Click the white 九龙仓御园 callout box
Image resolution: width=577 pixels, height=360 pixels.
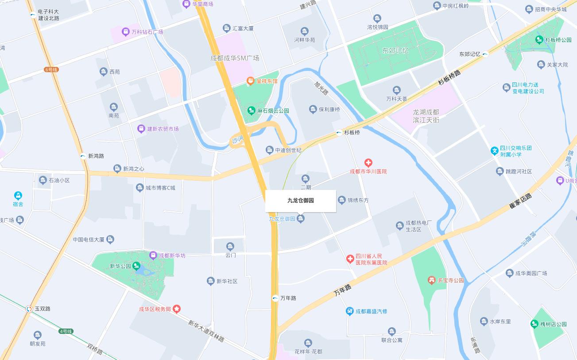[x=300, y=201]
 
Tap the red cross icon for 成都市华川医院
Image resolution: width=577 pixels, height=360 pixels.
[x=368, y=163]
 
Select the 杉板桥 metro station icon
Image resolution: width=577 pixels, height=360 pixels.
[x=339, y=132]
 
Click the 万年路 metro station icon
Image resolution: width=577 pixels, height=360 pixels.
[x=275, y=298]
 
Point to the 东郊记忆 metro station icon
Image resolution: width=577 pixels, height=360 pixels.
[x=485, y=54]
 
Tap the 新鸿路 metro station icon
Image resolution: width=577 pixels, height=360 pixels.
[x=83, y=156]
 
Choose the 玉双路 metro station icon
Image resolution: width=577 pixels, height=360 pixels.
[x=29, y=309]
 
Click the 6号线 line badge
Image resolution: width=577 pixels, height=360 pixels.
[x=51, y=70]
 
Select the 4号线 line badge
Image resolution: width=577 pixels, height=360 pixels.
[x=66, y=331]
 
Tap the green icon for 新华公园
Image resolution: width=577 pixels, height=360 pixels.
[x=137, y=266]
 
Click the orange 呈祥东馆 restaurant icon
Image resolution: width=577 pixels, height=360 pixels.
[x=251, y=81]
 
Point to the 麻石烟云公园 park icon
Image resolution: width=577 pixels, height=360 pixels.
[x=252, y=110]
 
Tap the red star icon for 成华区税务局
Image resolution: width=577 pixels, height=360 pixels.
[x=177, y=309]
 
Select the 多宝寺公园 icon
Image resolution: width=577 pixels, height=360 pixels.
[x=432, y=280]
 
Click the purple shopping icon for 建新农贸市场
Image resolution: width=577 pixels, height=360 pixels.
[x=141, y=129]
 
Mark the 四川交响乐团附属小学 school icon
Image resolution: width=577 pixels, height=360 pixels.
[x=495, y=151]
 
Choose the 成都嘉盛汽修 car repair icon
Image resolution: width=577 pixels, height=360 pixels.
[x=350, y=311]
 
